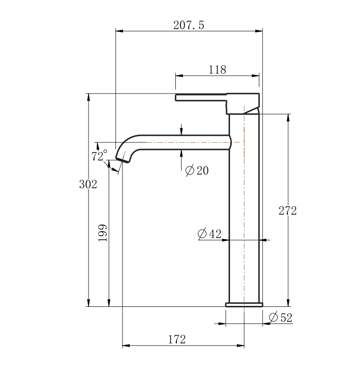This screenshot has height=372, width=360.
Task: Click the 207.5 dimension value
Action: tap(189, 25)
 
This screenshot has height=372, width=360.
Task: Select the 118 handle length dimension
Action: tap(217, 70)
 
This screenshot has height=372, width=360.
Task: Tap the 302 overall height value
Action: tap(88, 184)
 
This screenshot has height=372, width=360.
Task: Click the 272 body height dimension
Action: tap(287, 211)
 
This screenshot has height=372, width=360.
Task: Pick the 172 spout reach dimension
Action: tap(177, 339)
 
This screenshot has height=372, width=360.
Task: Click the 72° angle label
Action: tap(99, 156)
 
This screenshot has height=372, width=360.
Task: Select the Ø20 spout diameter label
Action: tap(197, 171)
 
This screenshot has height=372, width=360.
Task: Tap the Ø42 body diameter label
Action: tap(209, 234)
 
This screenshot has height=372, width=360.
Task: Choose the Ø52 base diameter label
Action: tap(280, 317)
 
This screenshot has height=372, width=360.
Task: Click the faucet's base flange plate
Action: tap(244, 305)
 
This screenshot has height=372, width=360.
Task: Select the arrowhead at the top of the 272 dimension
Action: tap(288, 117)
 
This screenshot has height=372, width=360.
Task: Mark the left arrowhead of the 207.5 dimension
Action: tap(119, 31)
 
